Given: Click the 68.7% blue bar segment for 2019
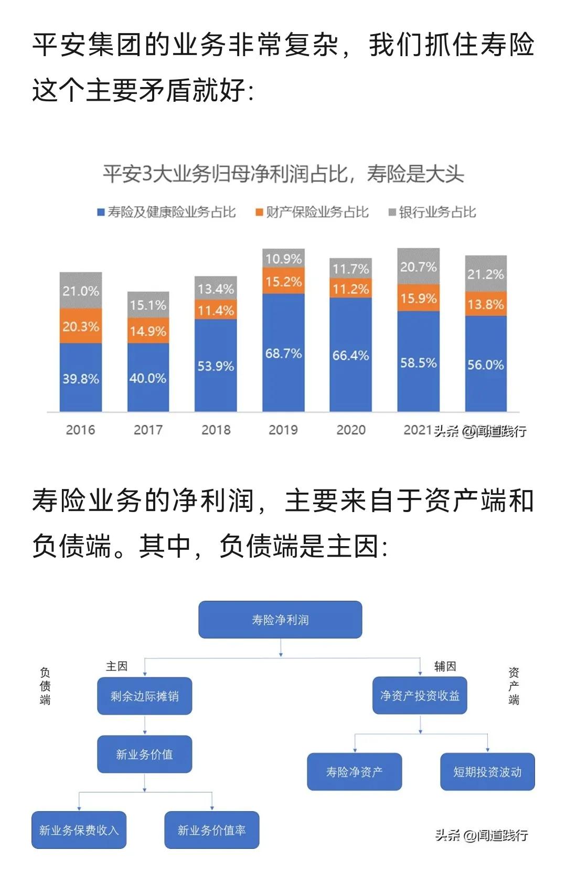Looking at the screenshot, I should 283,353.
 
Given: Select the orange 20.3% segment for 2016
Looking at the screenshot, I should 80,326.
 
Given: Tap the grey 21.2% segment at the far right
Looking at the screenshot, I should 486,273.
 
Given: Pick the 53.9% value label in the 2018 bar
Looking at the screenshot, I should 216,366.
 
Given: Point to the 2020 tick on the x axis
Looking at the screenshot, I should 351,430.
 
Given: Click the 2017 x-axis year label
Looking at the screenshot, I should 148,430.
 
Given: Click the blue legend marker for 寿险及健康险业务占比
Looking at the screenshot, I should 101,212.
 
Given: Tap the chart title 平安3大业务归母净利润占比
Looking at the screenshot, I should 283,174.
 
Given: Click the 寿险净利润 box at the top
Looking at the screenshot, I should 280,620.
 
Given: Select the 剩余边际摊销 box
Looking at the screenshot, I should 144,696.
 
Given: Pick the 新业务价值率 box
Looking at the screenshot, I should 211,830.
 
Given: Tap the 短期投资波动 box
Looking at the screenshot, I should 487,772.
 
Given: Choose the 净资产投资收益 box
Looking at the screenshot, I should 420,696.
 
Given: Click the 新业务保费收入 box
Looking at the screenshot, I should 79,830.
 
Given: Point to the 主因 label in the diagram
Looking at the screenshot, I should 116,666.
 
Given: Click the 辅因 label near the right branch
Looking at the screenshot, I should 445,666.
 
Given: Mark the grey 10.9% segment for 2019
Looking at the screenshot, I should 283,258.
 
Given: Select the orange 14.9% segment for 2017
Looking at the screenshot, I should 148,331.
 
